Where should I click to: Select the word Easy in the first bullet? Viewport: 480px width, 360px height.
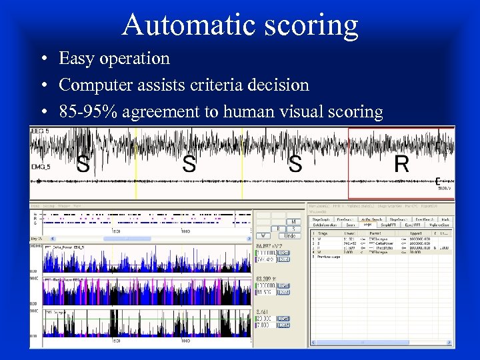75,59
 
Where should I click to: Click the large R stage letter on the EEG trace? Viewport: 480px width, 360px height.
401,164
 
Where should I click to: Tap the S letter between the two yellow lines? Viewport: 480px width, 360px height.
189,164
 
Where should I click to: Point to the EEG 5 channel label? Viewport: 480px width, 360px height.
40,132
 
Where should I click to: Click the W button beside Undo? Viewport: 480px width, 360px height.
263,235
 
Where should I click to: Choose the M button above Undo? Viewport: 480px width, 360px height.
293,221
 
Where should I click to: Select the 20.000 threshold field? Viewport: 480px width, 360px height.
266,319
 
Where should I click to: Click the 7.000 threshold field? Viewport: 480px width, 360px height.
266,325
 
